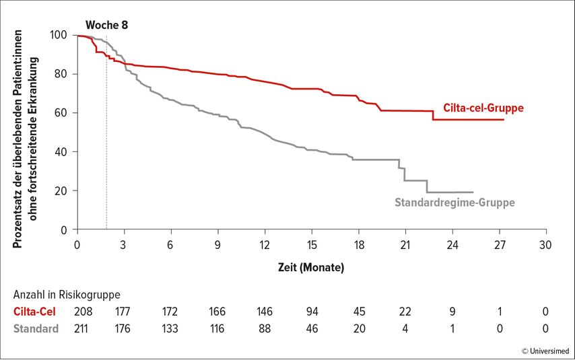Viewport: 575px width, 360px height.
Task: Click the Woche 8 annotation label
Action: coord(106,25)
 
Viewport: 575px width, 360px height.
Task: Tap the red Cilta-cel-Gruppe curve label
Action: coord(483,108)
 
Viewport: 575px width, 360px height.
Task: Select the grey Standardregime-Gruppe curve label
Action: coord(454,203)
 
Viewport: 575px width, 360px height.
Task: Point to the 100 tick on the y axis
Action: coord(59,35)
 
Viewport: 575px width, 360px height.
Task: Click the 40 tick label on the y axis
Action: coord(61,152)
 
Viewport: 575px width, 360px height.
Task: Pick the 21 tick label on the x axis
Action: coord(405,245)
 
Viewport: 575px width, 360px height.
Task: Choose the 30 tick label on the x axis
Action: coord(545,245)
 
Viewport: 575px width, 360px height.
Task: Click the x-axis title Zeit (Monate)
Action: coord(311,267)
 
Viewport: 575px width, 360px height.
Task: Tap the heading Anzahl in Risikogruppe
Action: coord(67,295)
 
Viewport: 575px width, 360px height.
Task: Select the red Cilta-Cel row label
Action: coord(34,312)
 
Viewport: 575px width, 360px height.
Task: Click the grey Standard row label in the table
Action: coord(36,328)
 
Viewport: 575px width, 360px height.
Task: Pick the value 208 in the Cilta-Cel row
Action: coord(83,312)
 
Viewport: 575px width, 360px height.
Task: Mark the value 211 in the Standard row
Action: coord(81,328)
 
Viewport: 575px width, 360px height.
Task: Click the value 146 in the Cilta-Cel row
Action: coord(265,312)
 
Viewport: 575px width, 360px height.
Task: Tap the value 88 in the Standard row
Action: coord(265,328)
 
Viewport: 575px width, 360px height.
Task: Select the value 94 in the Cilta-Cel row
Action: coord(312,312)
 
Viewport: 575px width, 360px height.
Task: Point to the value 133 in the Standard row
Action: coord(170,328)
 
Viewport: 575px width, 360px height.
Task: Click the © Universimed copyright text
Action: coord(545,351)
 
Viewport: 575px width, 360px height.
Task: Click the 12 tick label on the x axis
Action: coord(265,245)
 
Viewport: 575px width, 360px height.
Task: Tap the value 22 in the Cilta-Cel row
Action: coord(405,312)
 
